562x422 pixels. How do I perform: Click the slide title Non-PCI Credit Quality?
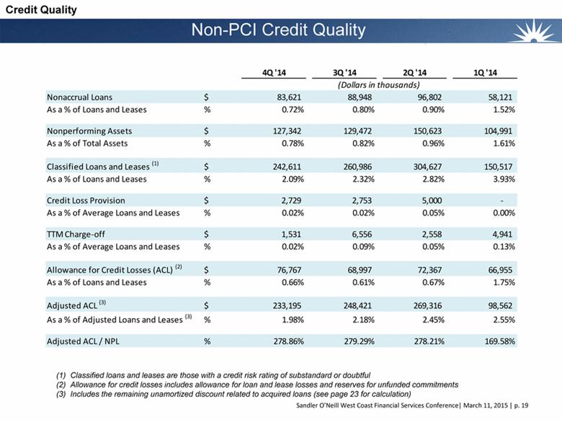coord(279,30)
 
